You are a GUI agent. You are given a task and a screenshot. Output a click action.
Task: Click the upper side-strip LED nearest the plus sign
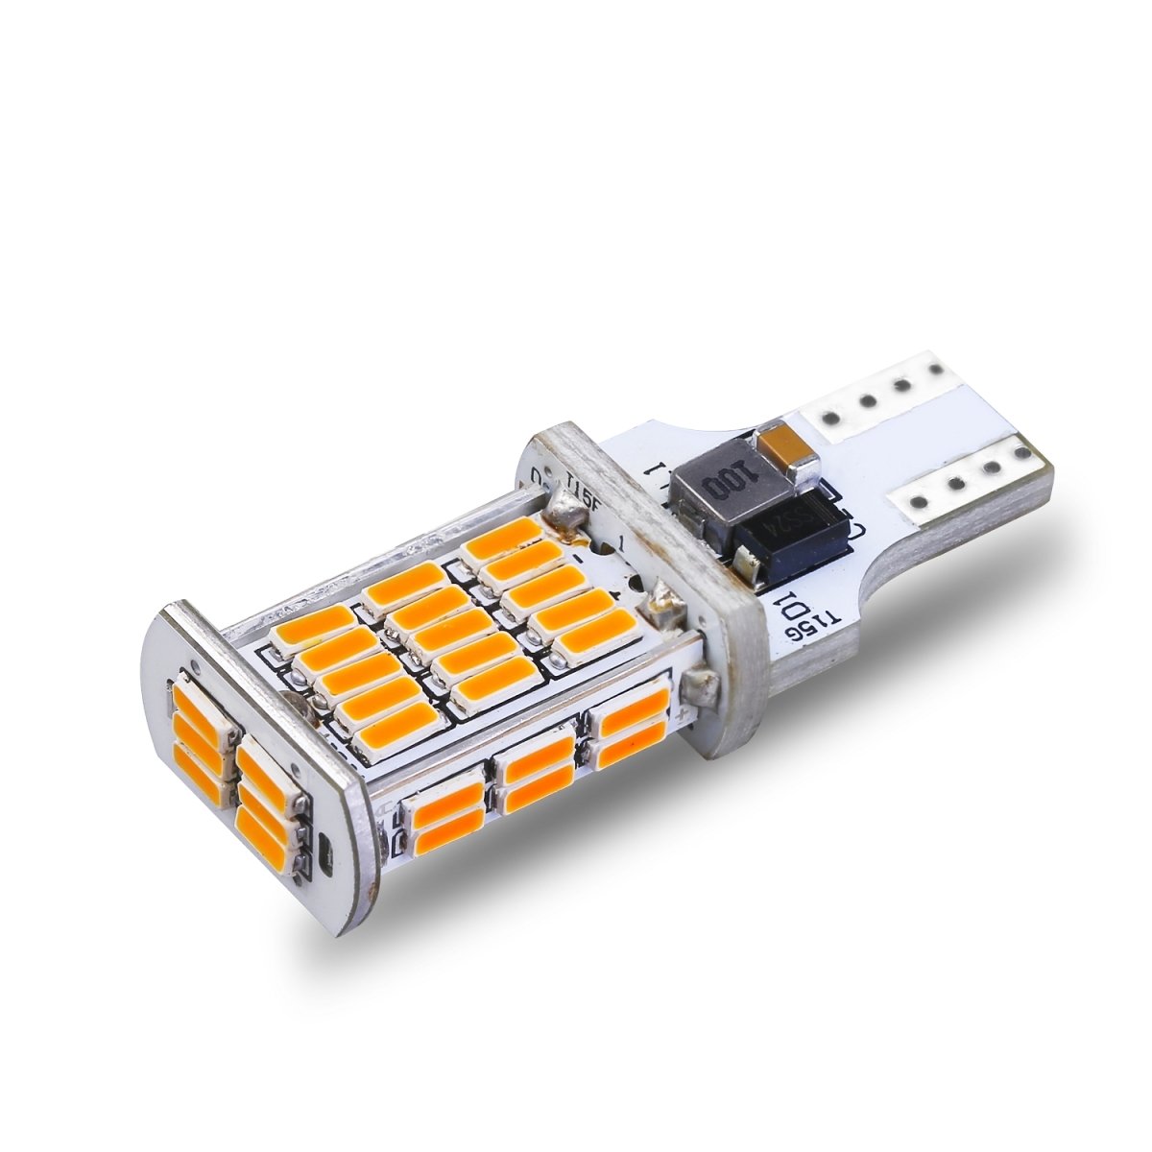(x=630, y=708)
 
